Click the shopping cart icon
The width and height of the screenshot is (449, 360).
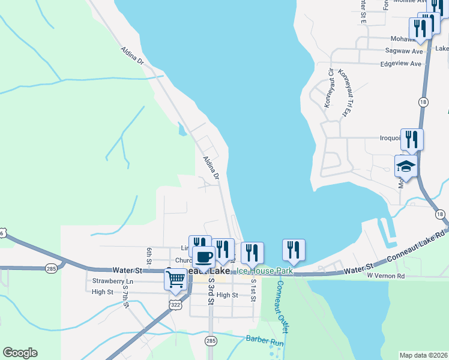pos(175,279)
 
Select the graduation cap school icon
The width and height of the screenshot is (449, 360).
pos(406,167)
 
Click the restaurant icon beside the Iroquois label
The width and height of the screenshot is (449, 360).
pos(412,139)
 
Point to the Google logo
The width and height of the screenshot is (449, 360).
pos(20,353)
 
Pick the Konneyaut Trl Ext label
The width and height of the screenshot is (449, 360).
pos(344,93)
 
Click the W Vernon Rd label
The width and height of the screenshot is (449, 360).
pos(387,275)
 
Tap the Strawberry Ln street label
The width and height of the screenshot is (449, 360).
pos(113,281)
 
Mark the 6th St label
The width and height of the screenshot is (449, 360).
pos(149,254)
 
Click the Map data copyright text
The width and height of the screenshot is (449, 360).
pos(423,355)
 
